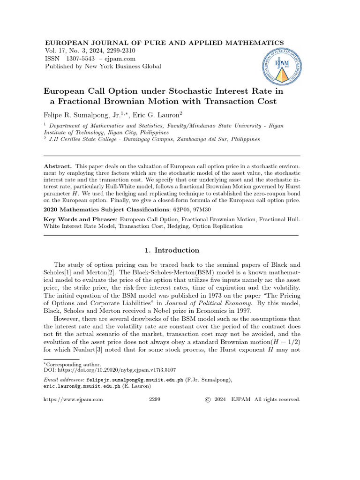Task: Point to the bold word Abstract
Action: click(x=57, y=166)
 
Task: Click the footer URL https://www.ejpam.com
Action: click(x=73, y=399)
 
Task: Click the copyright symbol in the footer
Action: click(x=208, y=399)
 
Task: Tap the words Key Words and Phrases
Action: click(x=80, y=219)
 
